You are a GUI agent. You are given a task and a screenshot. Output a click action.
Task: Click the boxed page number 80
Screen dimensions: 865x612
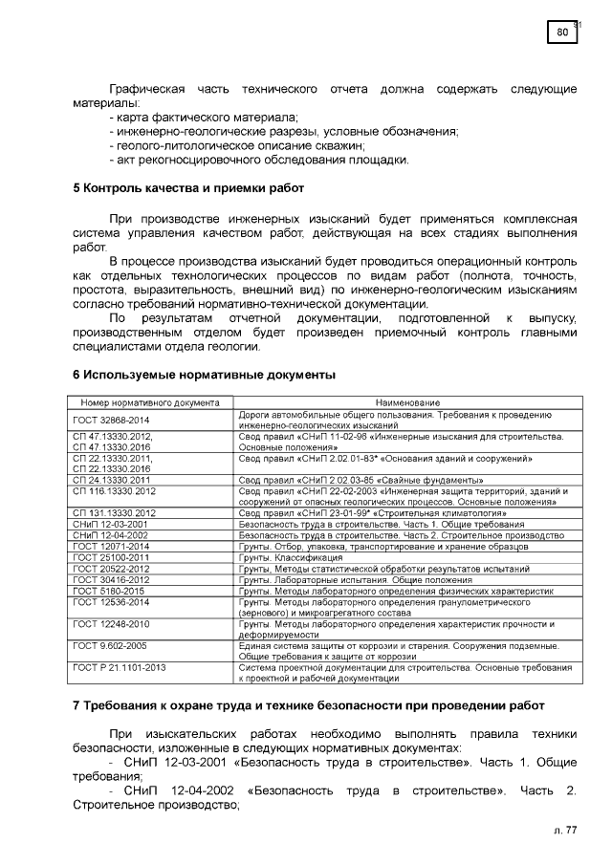coord(562,33)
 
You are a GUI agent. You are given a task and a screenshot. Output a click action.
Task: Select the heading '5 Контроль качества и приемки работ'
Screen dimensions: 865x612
coord(188,188)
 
